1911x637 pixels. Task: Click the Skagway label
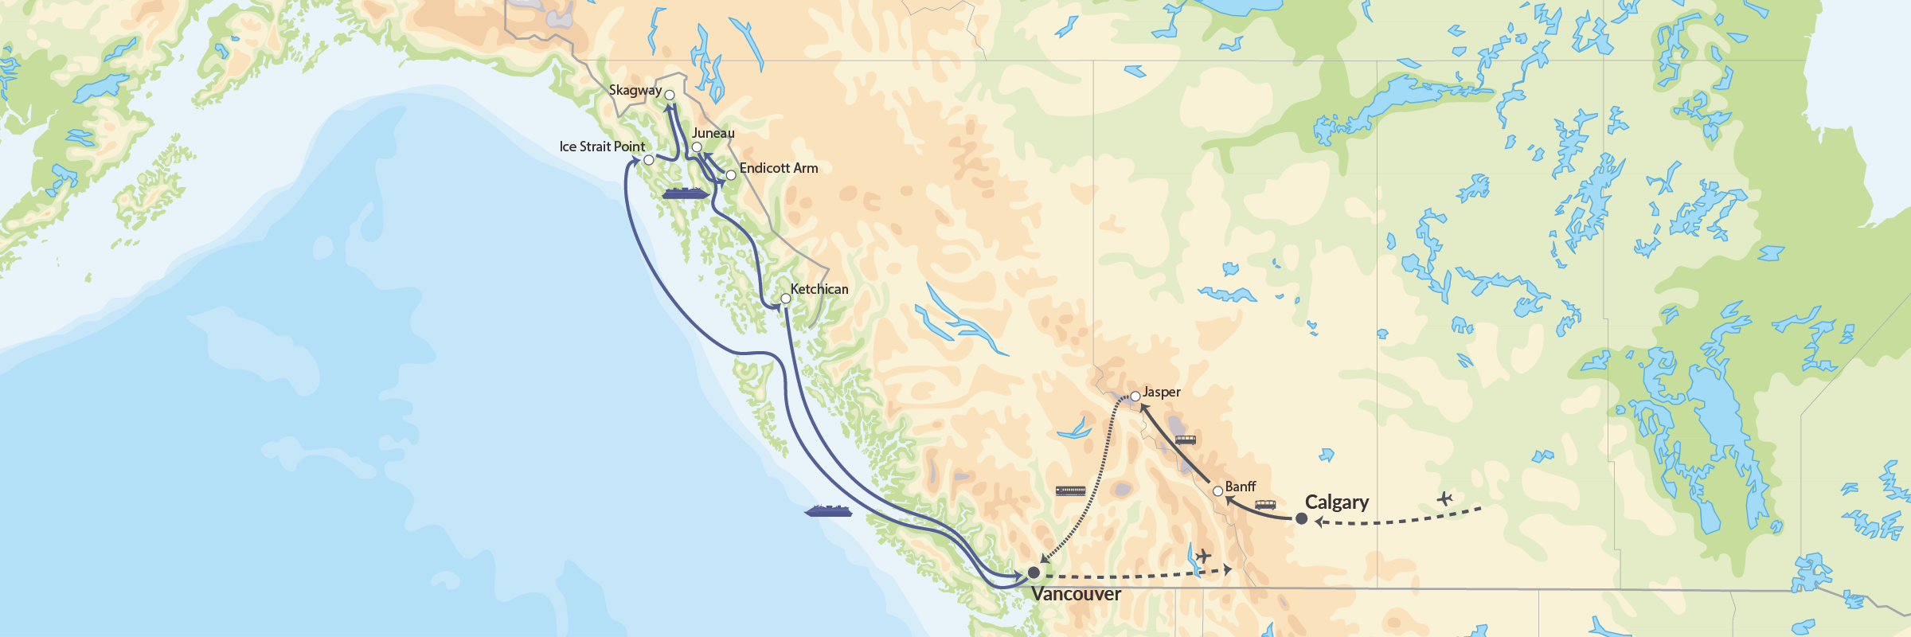click(635, 90)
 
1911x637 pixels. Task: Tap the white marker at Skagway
click(670, 95)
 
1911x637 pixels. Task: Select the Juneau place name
click(713, 133)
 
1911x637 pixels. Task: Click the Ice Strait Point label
click(602, 147)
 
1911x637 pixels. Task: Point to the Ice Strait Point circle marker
click(648, 160)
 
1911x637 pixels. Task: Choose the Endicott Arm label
click(778, 168)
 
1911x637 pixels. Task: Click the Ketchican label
click(819, 289)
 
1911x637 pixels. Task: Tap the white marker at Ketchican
click(785, 299)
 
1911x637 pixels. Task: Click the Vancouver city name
click(1076, 594)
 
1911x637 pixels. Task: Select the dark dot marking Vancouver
click(1034, 573)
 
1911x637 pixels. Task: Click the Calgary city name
click(1336, 502)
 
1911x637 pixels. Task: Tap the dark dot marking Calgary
click(1301, 518)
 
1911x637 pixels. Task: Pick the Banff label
click(1240, 487)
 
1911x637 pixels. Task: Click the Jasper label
click(1161, 393)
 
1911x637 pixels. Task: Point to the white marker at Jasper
click(1135, 396)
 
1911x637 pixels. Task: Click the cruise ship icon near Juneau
click(685, 193)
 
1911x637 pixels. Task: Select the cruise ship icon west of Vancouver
click(828, 510)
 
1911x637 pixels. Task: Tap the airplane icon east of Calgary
click(1444, 499)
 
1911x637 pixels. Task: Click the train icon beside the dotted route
click(1070, 491)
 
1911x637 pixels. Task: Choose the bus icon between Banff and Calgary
click(1264, 505)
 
